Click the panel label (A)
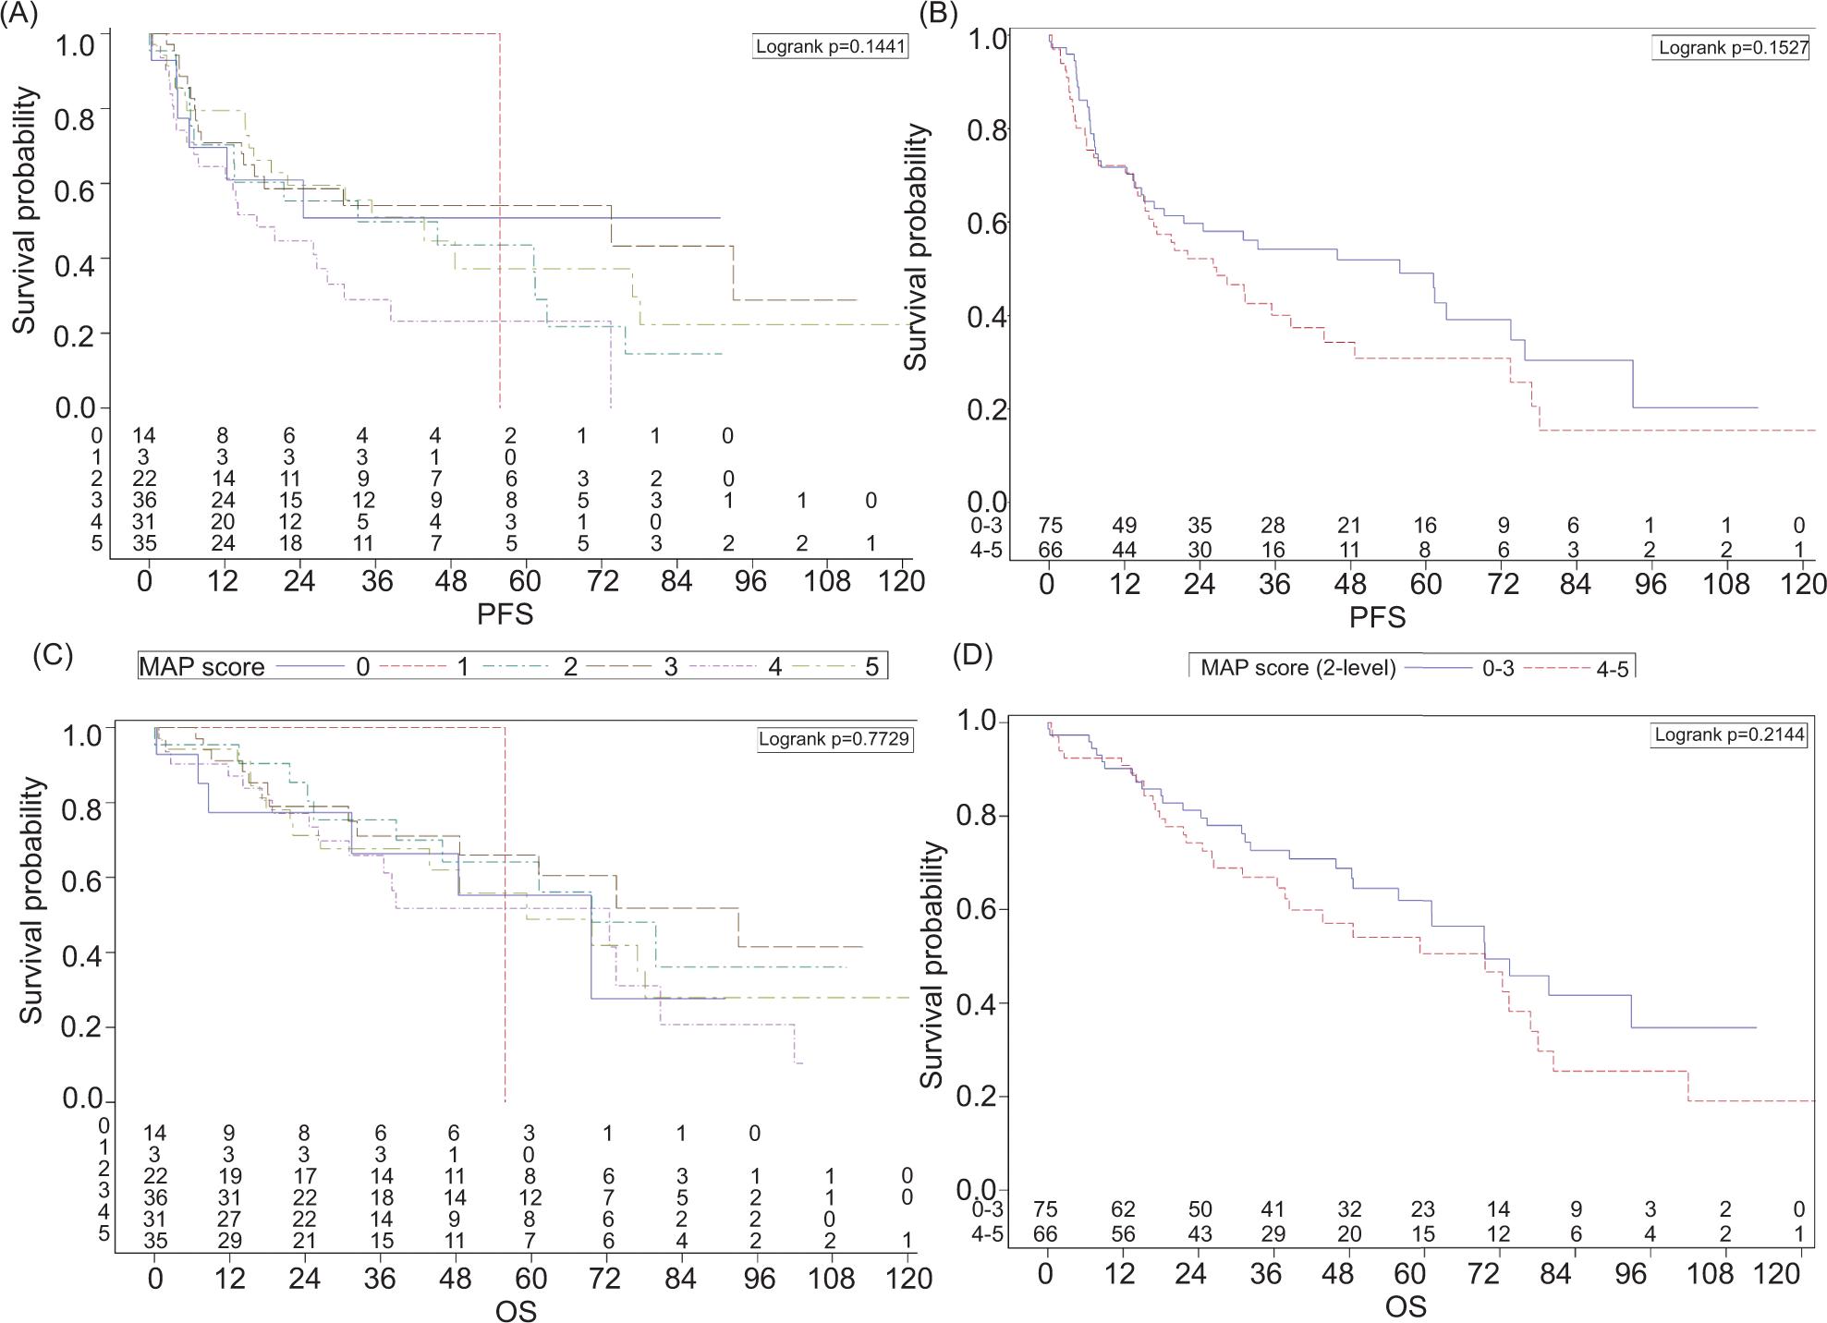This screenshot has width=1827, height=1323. point(19,15)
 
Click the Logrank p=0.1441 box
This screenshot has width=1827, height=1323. point(830,45)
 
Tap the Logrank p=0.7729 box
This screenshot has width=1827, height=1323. point(834,739)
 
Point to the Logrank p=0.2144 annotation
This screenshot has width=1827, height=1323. point(1729,735)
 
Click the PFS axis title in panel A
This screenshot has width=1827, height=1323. point(505,614)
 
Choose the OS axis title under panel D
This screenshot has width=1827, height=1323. point(1405,1306)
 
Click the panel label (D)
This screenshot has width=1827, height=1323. point(972,654)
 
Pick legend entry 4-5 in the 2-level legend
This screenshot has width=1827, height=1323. point(1613,669)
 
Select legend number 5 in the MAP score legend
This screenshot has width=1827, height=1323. point(871,666)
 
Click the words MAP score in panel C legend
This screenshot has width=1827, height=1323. point(201,666)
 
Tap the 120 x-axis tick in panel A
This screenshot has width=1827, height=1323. point(901,581)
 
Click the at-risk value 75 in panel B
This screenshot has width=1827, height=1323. point(1050,526)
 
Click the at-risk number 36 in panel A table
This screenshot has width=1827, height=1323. point(144,501)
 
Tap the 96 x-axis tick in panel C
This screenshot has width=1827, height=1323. point(756,1279)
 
